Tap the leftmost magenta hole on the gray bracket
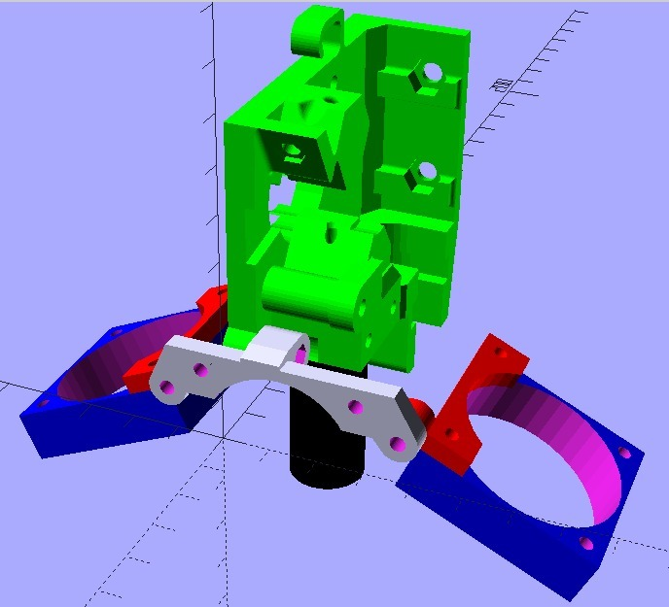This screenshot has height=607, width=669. click(169, 388)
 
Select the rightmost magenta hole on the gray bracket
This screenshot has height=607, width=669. click(397, 445)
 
